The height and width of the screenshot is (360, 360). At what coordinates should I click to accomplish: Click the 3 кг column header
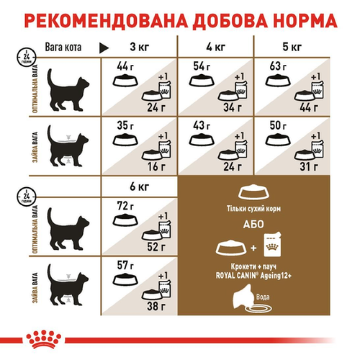coord(139,47)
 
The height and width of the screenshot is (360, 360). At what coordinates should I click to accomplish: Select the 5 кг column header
coord(292,47)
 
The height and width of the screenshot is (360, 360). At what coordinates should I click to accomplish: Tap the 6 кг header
coord(139,186)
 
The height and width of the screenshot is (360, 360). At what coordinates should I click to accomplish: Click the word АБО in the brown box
coord(255,225)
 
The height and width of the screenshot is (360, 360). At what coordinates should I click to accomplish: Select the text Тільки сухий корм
coord(255,209)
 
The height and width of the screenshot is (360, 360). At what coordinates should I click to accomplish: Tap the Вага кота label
coord(63,47)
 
